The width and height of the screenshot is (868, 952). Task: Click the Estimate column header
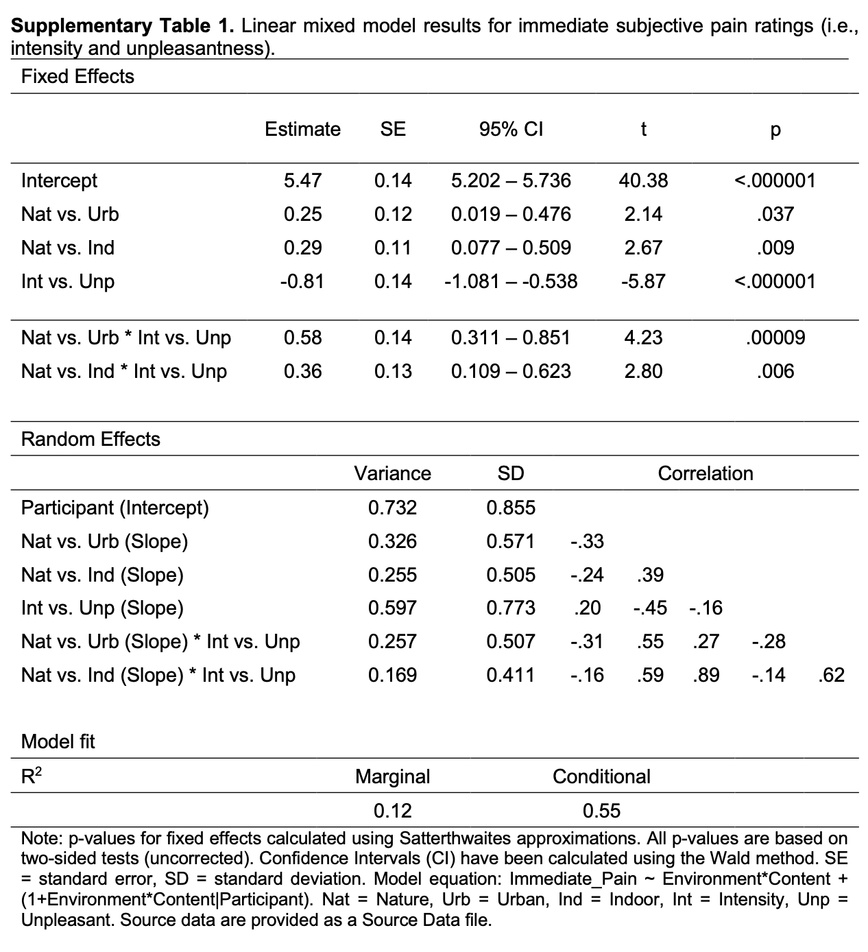coord(302,129)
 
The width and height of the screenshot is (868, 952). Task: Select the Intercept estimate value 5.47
coord(302,180)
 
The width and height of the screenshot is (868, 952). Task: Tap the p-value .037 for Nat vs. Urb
coord(775,214)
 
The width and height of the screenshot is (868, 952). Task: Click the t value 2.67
coord(642,248)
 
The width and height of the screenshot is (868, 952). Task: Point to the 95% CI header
coord(511,129)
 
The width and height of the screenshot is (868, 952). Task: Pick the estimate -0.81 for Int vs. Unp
coord(302,281)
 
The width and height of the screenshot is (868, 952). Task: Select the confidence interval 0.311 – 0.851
coord(511,337)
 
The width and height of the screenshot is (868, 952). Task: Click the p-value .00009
coord(775,337)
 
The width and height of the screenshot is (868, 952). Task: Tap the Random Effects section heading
coord(91,439)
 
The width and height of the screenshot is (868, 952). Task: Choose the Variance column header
coord(392,473)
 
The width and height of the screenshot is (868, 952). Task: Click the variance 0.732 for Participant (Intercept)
coord(392,508)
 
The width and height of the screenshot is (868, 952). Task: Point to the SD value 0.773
coord(511,608)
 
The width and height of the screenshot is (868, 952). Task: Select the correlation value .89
coord(706,675)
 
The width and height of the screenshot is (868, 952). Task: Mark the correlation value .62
coord(831,675)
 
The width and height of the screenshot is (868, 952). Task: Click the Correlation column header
coord(706,473)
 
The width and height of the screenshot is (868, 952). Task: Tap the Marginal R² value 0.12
coord(392,811)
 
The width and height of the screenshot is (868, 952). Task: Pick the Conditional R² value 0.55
coord(601,811)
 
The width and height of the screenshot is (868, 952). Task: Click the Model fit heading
coord(58,741)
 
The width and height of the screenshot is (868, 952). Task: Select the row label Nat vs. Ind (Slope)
coord(102,575)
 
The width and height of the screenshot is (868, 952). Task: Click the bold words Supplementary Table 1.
coord(123,27)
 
